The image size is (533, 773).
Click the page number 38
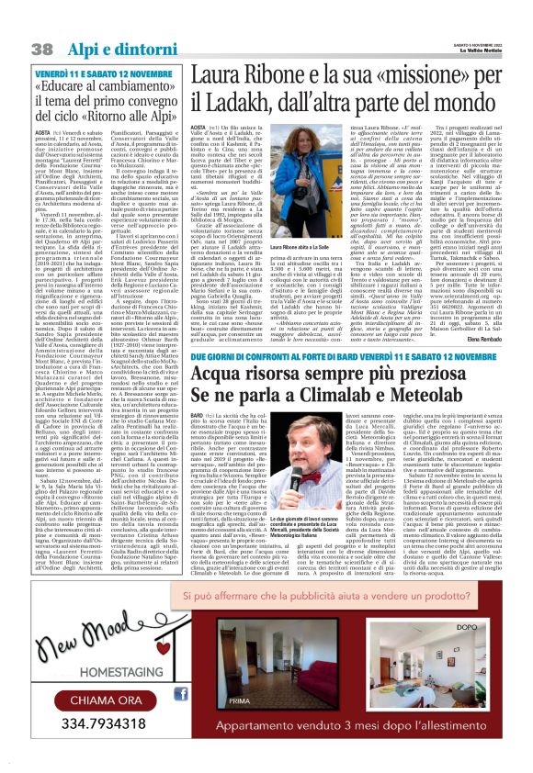click(42, 47)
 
